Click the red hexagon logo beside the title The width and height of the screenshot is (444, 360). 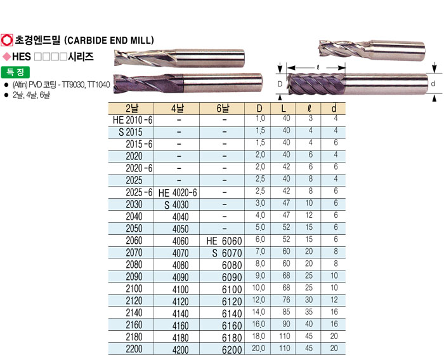tap(7, 40)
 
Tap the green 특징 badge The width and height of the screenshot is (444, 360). tap(15, 72)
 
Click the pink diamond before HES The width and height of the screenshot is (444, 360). tap(6, 57)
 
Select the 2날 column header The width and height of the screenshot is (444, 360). tap(132, 109)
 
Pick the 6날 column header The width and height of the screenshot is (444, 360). tap(223, 109)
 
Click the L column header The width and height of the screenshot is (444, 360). tap(284, 109)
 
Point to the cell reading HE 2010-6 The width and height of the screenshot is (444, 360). tap(133, 120)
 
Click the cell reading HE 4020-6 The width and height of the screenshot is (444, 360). tap(178, 193)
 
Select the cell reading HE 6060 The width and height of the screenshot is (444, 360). tap(224, 241)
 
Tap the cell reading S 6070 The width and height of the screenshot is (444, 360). tap(227, 253)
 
